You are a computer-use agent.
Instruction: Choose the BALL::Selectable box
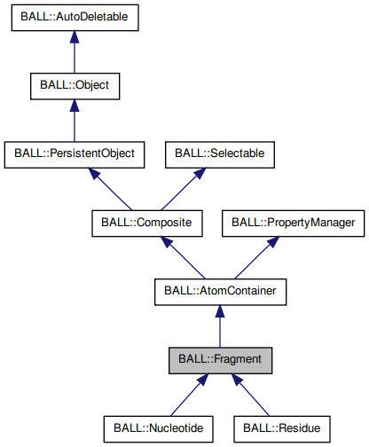[x=219, y=153]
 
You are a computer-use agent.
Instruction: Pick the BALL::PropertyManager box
[x=293, y=222]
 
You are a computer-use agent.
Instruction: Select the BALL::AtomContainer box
[x=220, y=290]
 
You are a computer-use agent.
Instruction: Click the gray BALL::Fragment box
[x=220, y=359]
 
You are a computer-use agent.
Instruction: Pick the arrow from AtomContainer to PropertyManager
[x=256, y=256]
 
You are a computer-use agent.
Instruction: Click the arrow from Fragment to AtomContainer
[x=220, y=325]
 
